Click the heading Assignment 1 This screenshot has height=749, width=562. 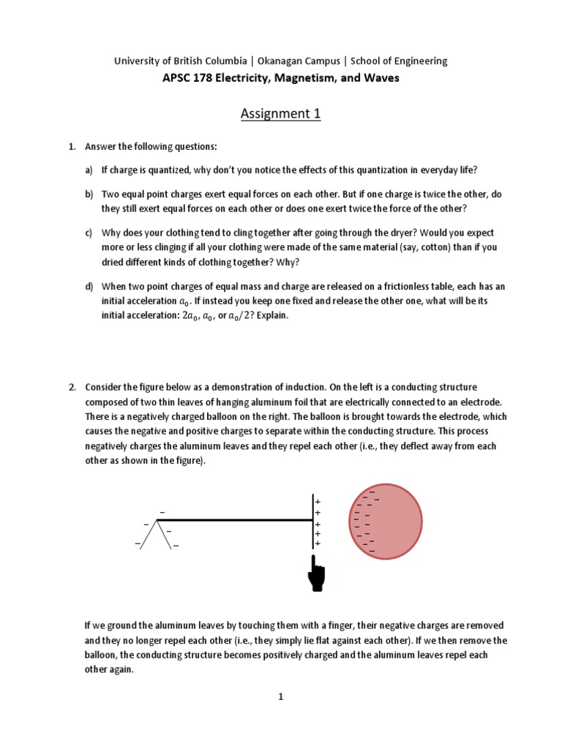tap(281, 113)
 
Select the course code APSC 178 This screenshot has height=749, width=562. tap(187, 78)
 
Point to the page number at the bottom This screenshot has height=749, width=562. tap(280, 697)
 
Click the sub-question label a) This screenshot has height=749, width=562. tap(89, 170)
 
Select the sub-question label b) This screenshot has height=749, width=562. tap(89, 195)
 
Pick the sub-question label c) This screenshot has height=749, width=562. tap(89, 233)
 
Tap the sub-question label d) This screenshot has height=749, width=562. tap(89, 286)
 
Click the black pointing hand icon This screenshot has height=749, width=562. tap(317, 573)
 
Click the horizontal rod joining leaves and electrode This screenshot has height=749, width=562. tap(234, 520)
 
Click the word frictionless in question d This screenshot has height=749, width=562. tap(383, 286)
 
